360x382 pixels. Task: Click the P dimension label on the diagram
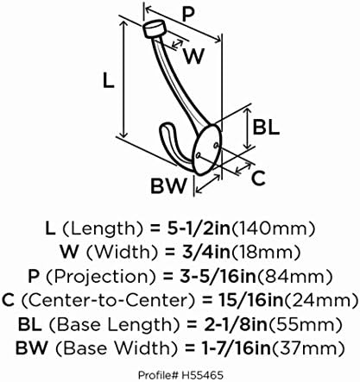[188, 15]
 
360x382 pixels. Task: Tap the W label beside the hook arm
[194, 56]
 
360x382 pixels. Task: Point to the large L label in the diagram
[109, 80]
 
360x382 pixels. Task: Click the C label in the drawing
[258, 178]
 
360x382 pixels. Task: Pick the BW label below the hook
[168, 185]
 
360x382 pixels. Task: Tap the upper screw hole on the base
[216, 146]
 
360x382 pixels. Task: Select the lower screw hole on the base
[198, 155]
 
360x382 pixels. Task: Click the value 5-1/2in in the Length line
[199, 229]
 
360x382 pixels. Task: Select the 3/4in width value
[206, 253]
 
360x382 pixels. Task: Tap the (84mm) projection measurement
[294, 277]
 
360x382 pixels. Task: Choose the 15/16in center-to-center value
[249, 300]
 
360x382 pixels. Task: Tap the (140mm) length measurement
[273, 229]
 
